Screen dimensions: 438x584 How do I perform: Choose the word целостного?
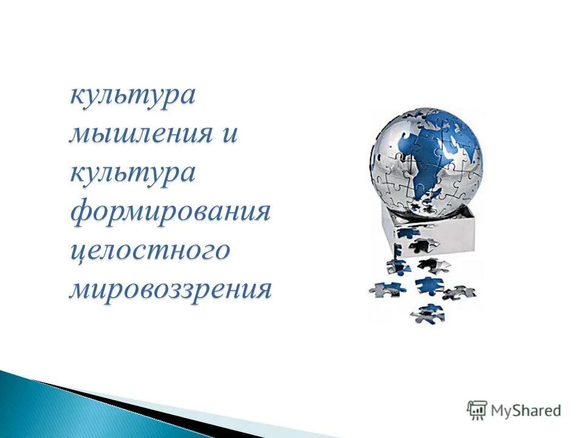(x=150, y=251)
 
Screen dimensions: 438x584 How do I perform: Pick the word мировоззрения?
(x=170, y=290)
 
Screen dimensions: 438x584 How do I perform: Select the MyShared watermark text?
(x=526, y=411)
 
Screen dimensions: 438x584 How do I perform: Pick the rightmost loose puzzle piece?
(x=459, y=292)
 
